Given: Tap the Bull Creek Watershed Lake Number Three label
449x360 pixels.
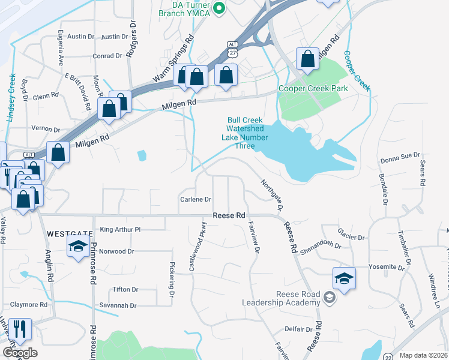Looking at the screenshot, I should (244, 128).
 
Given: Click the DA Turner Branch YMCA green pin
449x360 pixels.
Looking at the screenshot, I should (219, 8).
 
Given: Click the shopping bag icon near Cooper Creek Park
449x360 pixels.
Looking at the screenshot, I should (307, 59).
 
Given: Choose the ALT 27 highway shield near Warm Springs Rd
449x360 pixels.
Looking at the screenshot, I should (232, 49).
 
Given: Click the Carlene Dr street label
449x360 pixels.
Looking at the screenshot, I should (196, 199).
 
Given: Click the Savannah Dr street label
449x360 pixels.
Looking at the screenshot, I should (119, 305).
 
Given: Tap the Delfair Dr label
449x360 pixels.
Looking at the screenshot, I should (298, 329).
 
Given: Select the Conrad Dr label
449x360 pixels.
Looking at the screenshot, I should (107, 56).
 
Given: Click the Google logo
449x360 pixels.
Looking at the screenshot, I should (20, 353).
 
